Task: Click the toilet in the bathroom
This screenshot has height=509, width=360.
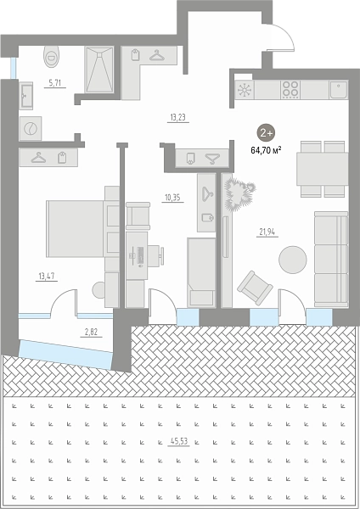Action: (51, 56)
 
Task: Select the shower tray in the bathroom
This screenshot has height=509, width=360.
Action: (99, 70)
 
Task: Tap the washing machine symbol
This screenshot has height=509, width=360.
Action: (31, 129)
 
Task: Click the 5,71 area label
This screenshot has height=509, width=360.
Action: (55, 83)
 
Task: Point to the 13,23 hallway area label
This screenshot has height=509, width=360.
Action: (178, 117)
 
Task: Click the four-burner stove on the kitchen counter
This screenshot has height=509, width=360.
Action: (290, 90)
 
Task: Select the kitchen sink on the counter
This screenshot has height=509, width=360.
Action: (339, 90)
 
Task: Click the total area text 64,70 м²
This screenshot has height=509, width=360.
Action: (266, 150)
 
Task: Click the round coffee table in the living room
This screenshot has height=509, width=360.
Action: (293, 260)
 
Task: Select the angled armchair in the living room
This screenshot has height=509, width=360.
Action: (255, 288)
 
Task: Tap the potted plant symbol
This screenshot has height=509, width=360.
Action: (239, 195)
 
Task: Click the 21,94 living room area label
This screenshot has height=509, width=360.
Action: (267, 232)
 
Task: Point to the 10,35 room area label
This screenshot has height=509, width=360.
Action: (172, 198)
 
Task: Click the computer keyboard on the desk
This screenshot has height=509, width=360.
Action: (140, 255)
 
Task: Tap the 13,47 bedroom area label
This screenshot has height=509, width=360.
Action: (47, 277)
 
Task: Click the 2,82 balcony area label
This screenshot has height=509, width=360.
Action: (91, 332)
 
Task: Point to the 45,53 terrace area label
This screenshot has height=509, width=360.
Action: (178, 441)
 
